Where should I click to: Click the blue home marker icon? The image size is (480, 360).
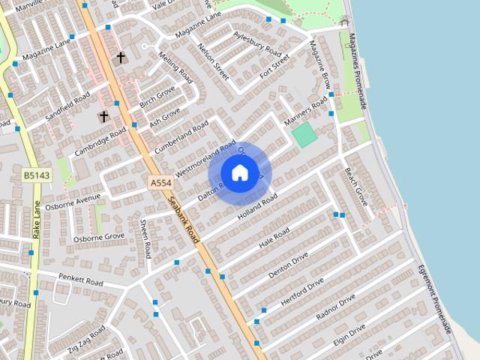239,173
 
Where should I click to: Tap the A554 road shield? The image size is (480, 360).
160,182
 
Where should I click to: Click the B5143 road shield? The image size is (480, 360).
35,175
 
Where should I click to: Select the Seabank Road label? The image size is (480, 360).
184,220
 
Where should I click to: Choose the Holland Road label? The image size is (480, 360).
257,207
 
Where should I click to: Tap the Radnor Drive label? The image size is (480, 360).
335,307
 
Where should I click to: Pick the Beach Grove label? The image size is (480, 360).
355,187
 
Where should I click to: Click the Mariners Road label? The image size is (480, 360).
306,111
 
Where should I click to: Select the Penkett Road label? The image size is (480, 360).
80,281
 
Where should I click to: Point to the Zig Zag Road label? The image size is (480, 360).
87,340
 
